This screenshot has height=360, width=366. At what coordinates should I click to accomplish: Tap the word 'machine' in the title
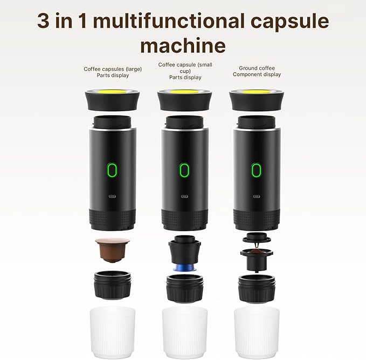183,45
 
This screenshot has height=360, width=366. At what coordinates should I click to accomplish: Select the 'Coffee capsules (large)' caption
112,72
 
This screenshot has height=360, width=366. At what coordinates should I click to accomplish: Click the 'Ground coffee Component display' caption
257,71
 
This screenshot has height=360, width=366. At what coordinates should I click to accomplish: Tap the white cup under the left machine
112,331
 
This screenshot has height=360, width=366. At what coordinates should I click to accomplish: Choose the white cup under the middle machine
184,331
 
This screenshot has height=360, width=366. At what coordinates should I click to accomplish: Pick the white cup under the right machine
257,331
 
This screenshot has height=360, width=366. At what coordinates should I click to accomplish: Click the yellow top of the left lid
112,92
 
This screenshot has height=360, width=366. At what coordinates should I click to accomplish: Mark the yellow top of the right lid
257,92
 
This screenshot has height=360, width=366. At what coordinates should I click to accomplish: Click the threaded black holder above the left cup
112,286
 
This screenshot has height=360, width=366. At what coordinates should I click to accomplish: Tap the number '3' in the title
45,22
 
